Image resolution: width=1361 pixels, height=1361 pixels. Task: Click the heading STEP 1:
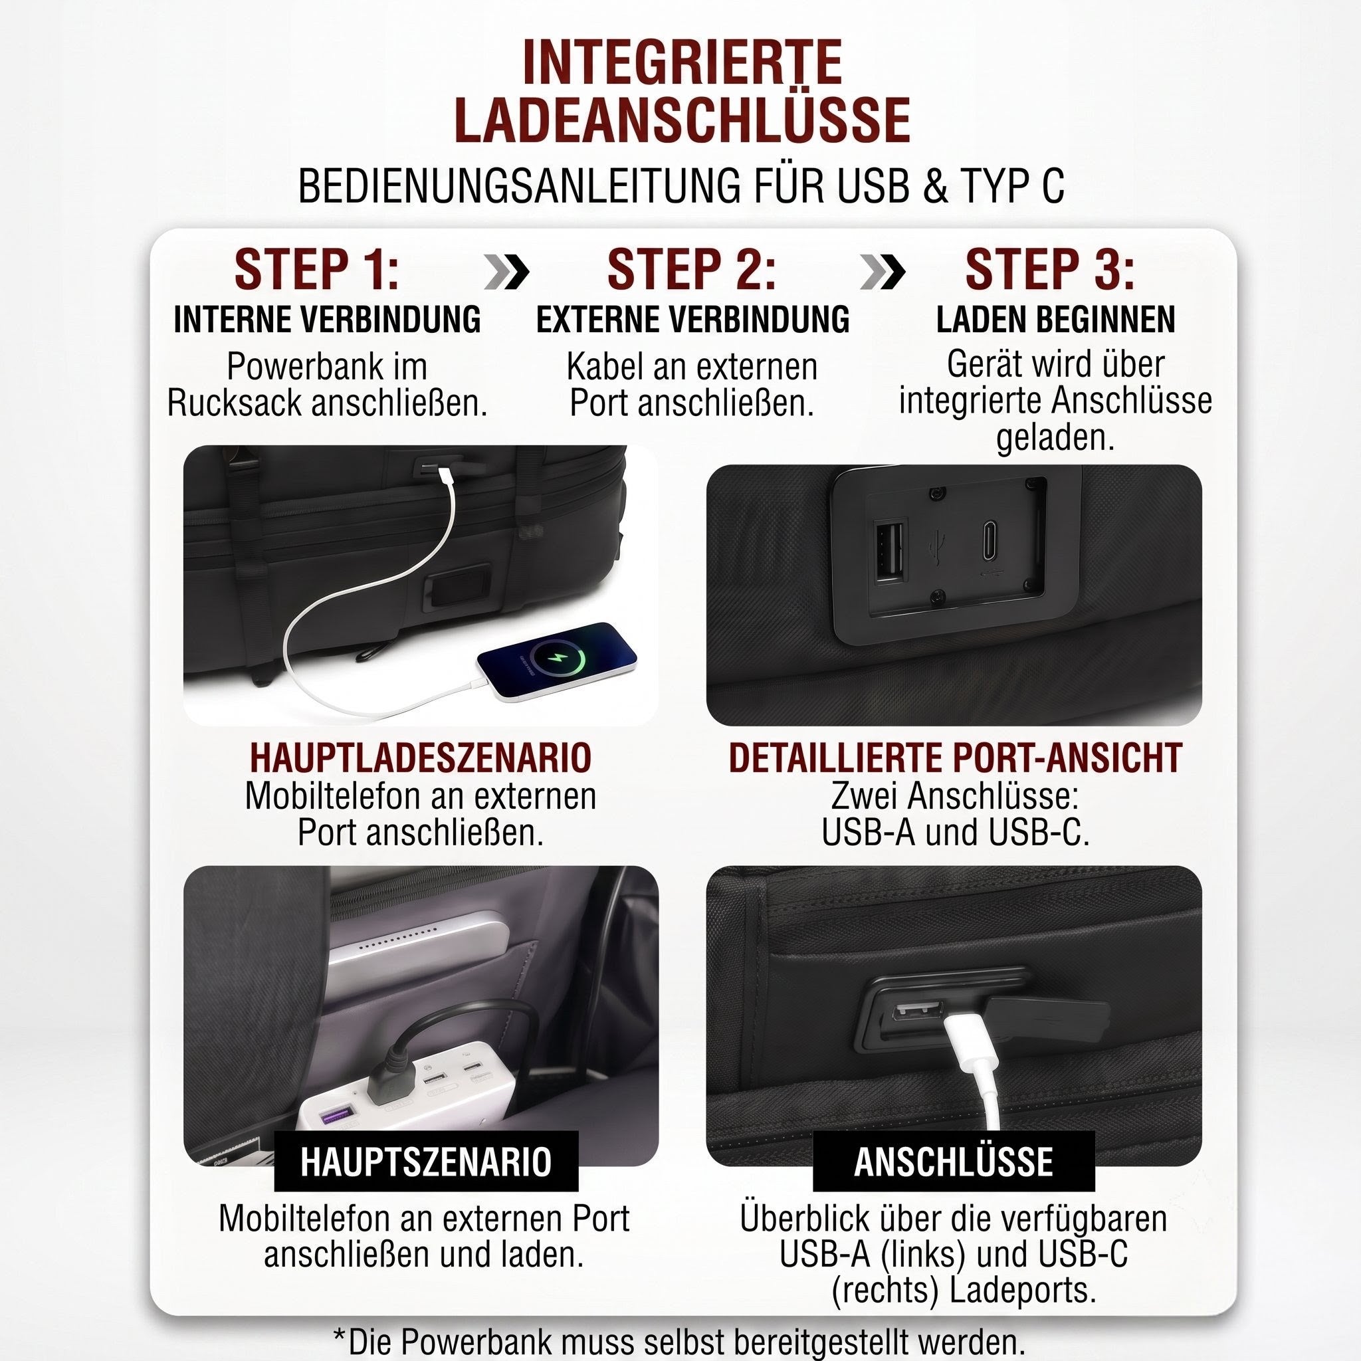[316, 269]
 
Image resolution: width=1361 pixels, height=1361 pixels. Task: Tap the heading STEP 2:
[691, 269]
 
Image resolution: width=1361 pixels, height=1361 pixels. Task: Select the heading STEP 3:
[1049, 269]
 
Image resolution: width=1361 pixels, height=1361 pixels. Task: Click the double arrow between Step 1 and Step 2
[506, 272]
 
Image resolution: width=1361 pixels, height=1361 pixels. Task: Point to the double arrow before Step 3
[882, 272]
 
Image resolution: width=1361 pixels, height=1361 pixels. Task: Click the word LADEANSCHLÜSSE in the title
[682, 120]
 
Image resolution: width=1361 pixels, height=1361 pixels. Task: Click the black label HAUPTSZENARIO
[425, 1162]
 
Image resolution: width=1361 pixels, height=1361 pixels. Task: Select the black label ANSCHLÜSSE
[954, 1162]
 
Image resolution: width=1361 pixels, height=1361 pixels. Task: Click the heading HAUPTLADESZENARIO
[421, 758]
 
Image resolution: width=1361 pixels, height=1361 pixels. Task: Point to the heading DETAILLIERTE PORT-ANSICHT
[955, 758]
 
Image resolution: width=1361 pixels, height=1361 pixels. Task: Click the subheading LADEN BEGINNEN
[1055, 319]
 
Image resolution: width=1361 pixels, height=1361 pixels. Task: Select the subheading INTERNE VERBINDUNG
[327, 319]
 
